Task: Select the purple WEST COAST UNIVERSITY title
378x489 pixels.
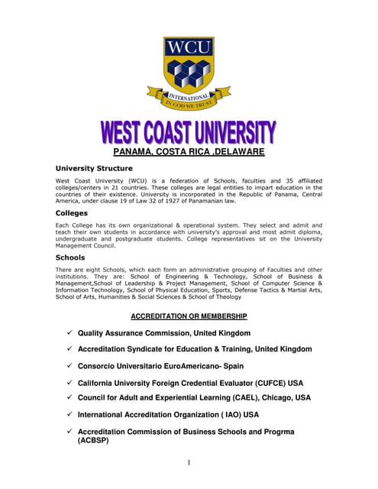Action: coord(189,134)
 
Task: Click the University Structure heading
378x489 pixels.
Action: coord(94,168)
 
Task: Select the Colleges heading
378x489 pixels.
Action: coord(72,213)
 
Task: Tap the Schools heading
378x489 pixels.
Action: coord(71,257)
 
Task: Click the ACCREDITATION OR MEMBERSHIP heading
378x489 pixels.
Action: coord(189,316)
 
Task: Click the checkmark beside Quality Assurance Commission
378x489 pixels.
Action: coord(69,332)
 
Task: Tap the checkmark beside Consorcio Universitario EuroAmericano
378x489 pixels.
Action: coord(69,365)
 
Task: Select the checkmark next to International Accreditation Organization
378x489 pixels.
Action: coord(69,414)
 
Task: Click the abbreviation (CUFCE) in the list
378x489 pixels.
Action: coord(267,382)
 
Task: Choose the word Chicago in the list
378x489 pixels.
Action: coord(274,397)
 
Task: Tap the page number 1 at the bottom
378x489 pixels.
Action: coord(189,462)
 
